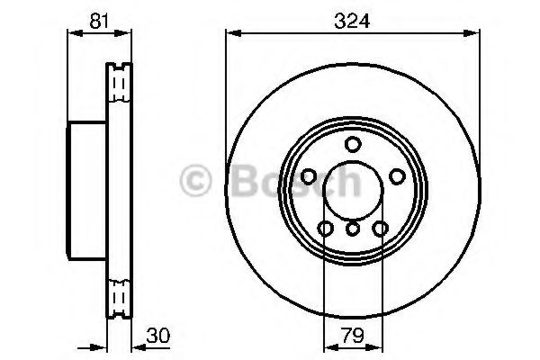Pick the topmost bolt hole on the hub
(x=352, y=145)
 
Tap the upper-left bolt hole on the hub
(x=309, y=175)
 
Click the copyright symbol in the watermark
(x=196, y=182)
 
